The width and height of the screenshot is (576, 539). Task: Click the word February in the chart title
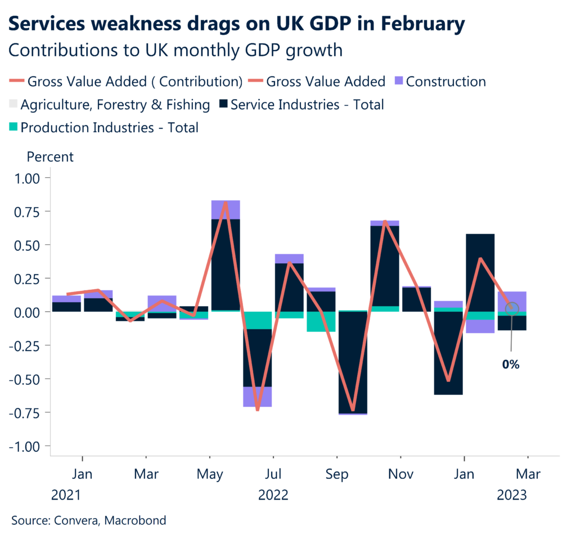(x=417, y=24)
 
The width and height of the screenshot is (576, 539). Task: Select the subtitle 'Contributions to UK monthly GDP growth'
(x=175, y=50)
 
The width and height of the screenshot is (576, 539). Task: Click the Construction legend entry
(x=439, y=82)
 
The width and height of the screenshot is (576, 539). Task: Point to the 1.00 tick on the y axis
(x=29, y=178)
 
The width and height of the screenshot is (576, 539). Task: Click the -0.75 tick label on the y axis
(x=27, y=412)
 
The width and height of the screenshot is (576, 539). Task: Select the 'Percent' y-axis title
(x=50, y=156)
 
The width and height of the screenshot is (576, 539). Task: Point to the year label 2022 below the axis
(x=273, y=495)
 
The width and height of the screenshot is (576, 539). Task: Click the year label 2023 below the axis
(x=511, y=495)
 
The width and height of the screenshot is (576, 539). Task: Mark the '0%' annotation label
(x=511, y=365)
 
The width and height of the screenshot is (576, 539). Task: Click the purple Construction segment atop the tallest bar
(x=226, y=209)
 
